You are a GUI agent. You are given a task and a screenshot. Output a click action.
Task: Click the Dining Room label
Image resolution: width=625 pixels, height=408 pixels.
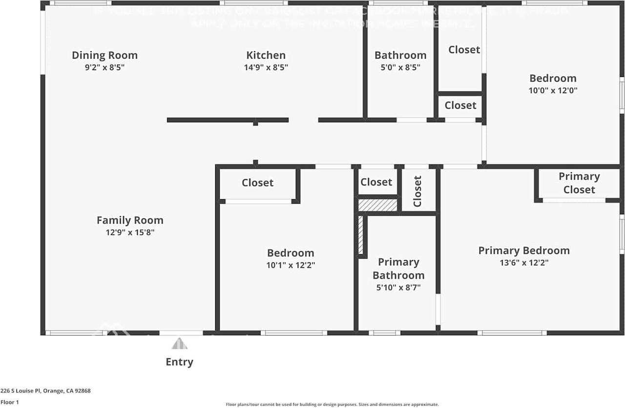point(104,55)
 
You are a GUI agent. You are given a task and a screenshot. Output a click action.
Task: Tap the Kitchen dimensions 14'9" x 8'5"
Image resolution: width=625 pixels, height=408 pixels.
point(266,68)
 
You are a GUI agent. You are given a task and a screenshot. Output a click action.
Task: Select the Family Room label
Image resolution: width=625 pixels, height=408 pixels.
point(130,220)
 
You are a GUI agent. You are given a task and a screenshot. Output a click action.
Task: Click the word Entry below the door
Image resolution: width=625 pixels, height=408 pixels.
point(179,362)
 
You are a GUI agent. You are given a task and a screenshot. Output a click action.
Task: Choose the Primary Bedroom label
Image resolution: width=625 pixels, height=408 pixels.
point(524,250)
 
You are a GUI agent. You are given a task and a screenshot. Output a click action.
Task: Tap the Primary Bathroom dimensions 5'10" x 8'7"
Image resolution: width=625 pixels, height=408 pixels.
point(398,287)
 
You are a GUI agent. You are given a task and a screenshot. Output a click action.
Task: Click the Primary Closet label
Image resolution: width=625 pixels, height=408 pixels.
point(579,183)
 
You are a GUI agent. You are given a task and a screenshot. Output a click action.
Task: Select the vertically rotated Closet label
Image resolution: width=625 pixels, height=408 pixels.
point(417,191)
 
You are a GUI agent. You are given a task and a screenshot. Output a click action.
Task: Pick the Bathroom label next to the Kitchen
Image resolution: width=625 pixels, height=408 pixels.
point(400,55)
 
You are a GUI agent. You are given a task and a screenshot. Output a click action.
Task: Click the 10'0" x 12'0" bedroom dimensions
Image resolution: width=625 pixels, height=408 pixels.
point(553,90)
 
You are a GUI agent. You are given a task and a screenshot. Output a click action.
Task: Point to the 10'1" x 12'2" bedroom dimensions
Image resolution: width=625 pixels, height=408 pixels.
point(291,265)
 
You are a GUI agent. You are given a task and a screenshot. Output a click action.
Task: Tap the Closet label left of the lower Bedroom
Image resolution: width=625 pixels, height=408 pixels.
point(257,183)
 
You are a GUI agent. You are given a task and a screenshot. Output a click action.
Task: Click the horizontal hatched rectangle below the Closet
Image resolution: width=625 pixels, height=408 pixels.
point(378,205)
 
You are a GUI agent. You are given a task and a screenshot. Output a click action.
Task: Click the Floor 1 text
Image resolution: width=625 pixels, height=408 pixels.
point(10,402)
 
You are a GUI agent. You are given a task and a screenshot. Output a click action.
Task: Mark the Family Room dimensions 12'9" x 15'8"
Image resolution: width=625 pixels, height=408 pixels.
point(130,233)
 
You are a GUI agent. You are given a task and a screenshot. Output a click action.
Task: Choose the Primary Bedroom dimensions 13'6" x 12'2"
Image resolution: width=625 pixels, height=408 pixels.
point(524,263)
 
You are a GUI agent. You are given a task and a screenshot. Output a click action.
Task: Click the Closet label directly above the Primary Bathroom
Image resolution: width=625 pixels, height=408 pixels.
point(376,182)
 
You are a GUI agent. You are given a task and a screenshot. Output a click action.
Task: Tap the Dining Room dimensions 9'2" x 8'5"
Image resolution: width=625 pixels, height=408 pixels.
point(104,68)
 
